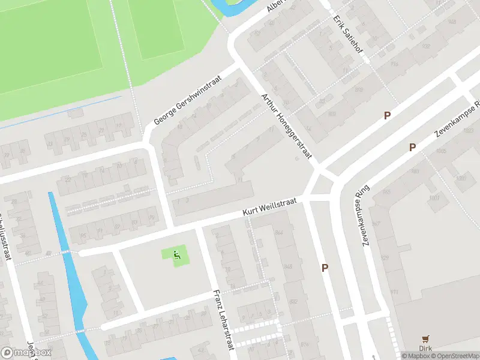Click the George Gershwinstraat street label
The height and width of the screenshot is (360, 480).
tap(188, 100)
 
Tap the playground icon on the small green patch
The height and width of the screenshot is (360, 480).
tap(176, 256)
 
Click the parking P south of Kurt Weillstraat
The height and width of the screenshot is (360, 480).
tap(325, 268)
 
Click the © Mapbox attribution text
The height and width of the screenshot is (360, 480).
tap(416, 356)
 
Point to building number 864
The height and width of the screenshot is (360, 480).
tap(278, 232)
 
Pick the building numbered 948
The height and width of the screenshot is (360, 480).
tap(451, 22)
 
